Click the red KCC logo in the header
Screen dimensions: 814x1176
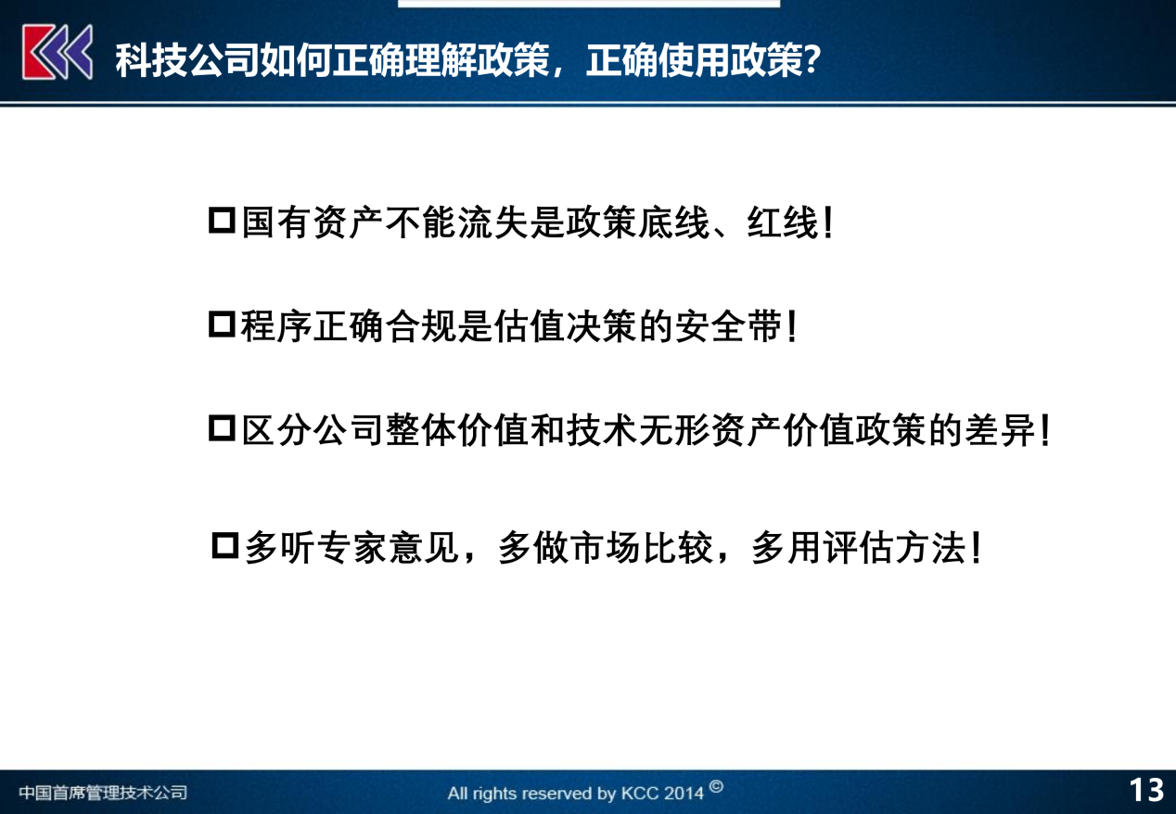point(58,52)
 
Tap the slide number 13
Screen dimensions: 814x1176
point(1146,790)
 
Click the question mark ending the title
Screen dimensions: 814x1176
point(811,61)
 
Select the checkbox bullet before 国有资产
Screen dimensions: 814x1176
point(222,223)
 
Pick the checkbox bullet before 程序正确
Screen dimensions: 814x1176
point(222,325)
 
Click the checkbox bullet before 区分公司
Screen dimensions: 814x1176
point(222,429)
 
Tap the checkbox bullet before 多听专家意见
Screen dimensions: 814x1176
point(225,546)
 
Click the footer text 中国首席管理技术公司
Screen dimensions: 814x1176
point(103,793)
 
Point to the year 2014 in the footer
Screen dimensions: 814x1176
point(684,794)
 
